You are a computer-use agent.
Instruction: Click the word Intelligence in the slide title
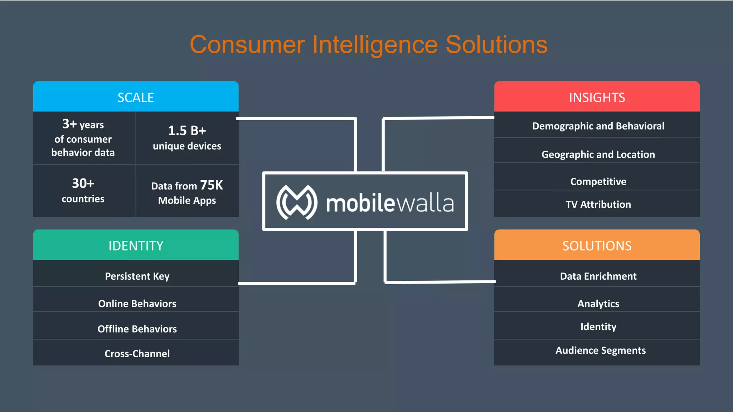coord(375,45)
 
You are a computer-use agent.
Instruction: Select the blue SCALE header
coord(136,97)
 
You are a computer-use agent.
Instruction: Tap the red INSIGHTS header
coord(597,97)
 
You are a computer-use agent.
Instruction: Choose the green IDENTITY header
coord(136,245)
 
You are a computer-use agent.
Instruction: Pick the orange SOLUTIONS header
coord(597,245)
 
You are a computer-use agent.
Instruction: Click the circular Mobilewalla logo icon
coord(297,202)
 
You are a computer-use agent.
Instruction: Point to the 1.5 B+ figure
coord(187,131)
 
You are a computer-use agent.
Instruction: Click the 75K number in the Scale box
coord(211,185)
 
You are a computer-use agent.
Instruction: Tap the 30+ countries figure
coord(83,190)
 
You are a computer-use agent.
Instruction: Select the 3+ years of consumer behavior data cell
coord(83,138)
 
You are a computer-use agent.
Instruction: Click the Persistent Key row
coord(137,276)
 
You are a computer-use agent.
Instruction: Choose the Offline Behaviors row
coord(137,329)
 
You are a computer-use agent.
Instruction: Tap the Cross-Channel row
coord(137,353)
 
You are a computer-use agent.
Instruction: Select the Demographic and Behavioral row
coord(598,126)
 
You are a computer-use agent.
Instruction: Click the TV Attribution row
coord(598,204)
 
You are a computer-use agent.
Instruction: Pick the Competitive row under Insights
coord(598,181)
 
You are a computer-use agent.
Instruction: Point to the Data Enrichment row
coord(598,276)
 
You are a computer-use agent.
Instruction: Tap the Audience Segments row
coord(600,350)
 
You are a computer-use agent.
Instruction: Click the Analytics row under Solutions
coord(598,303)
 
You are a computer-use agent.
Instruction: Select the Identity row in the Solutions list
coord(598,327)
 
